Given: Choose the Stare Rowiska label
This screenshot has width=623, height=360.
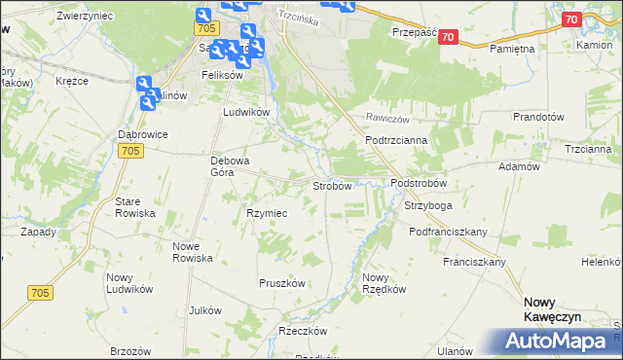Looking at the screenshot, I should click(135, 206).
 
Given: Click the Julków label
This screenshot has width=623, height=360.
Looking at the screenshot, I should click(206, 310).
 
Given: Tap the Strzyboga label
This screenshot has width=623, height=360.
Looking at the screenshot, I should click(428, 206).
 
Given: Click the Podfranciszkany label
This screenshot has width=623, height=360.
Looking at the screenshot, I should click(448, 232).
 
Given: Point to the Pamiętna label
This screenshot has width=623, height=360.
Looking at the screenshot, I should click(514, 48).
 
